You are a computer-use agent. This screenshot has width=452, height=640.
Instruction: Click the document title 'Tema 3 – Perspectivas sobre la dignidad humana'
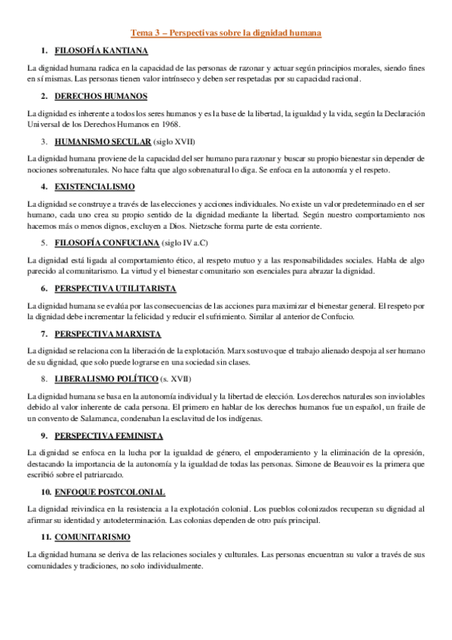click(226, 33)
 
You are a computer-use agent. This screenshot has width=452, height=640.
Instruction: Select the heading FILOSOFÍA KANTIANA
click(100, 51)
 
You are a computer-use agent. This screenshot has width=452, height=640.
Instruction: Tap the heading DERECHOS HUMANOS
click(100, 96)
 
